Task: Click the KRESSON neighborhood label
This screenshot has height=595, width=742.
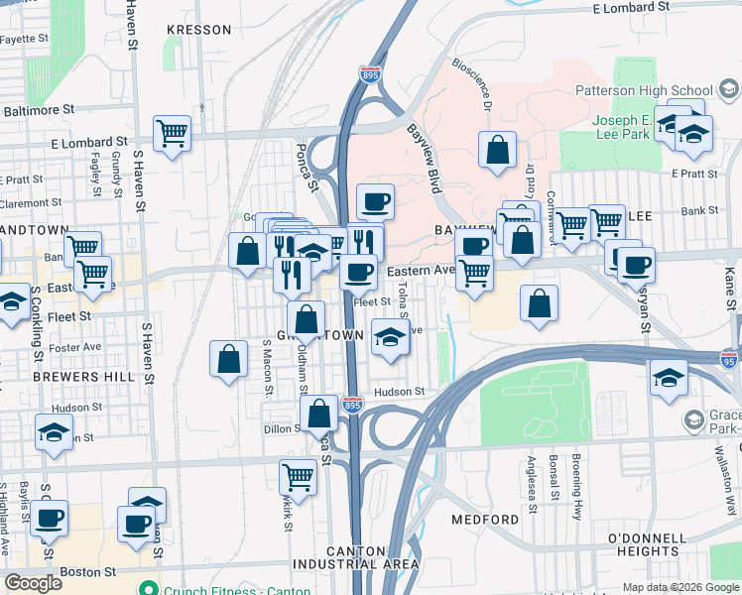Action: point(199,30)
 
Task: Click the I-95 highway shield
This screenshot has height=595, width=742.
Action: point(730,358)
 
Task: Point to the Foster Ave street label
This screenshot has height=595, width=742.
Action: point(78,347)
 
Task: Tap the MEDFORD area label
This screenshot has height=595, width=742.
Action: point(485,520)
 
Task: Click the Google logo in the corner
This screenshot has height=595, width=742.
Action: point(34,583)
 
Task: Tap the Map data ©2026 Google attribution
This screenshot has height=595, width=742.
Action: point(680,587)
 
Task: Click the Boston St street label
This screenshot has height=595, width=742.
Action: point(81,572)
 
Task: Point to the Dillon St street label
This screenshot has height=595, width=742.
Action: point(282,428)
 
